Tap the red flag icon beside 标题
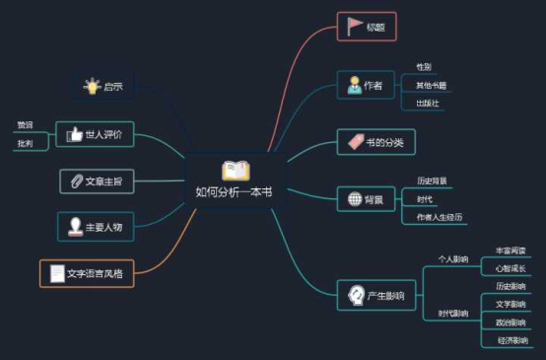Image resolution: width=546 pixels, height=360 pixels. [x=354, y=26]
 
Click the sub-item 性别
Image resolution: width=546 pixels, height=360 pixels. [x=424, y=66]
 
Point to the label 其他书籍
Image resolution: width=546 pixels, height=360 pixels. [x=431, y=85]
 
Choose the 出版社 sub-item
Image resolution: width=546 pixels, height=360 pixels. [x=428, y=103]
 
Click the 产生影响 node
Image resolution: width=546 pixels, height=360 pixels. [x=375, y=294]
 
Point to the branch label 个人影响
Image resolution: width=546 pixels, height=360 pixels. [x=453, y=259]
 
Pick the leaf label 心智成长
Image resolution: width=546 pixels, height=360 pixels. [x=510, y=268]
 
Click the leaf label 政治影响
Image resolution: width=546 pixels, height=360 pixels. [x=511, y=323]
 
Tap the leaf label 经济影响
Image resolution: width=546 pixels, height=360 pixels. [x=511, y=340]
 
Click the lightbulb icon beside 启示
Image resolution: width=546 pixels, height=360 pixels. [x=92, y=86]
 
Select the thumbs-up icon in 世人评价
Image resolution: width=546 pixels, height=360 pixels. [x=73, y=134]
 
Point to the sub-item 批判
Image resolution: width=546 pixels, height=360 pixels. [x=25, y=144]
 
